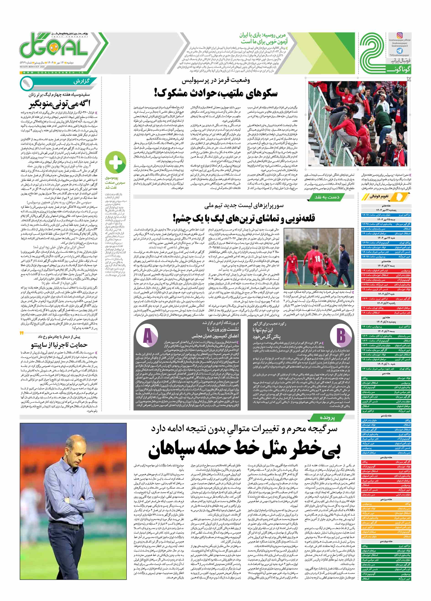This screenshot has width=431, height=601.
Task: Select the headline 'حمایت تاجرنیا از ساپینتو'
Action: pyautogui.click(x=59, y=345)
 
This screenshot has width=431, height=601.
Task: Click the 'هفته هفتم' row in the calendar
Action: pyautogui.click(x=386, y=205)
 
